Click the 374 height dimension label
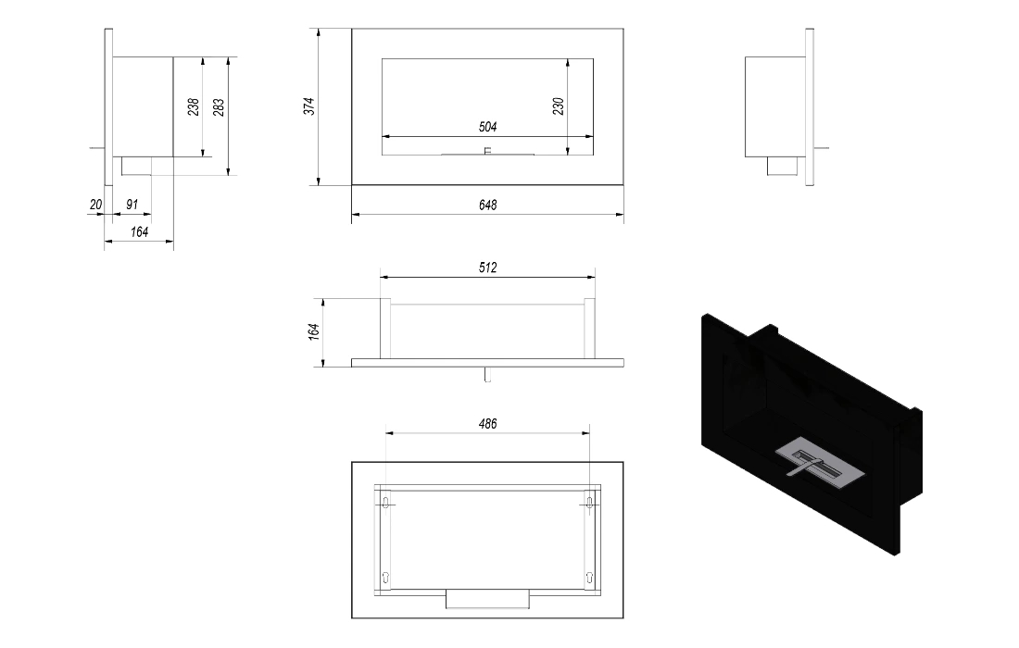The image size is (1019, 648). pyautogui.click(x=309, y=106)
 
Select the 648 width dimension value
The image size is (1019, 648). pyautogui.click(x=487, y=206)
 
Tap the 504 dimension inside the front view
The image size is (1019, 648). pyautogui.click(x=487, y=127)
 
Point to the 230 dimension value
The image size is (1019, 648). pyautogui.click(x=559, y=106)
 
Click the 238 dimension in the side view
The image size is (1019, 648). pyautogui.click(x=194, y=107)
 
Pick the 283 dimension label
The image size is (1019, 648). pyautogui.click(x=219, y=107)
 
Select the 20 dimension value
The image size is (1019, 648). pyautogui.click(x=95, y=205)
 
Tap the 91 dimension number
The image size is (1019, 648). pyautogui.click(x=132, y=205)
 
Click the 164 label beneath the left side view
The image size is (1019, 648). pyautogui.click(x=139, y=231)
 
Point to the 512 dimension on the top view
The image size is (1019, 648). pyautogui.click(x=487, y=268)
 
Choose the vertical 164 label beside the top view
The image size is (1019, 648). pyautogui.click(x=315, y=331)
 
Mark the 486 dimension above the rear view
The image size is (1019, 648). pyautogui.click(x=487, y=424)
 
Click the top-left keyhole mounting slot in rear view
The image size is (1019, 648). pyautogui.click(x=386, y=502)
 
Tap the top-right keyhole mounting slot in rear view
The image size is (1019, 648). pyautogui.click(x=589, y=502)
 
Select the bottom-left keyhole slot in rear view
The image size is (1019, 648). pyautogui.click(x=386, y=577)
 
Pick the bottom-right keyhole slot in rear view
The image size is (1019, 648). pyautogui.click(x=589, y=577)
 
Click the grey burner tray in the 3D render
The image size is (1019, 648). pyautogui.click(x=820, y=467)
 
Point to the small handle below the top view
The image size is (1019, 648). pyautogui.click(x=487, y=375)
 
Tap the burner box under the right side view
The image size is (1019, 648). pyautogui.click(x=783, y=166)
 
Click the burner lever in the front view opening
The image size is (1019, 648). pyautogui.click(x=488, y=152)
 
